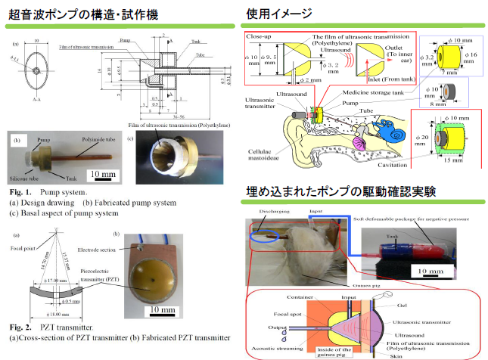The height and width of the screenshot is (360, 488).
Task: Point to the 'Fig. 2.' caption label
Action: click(20, 326)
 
